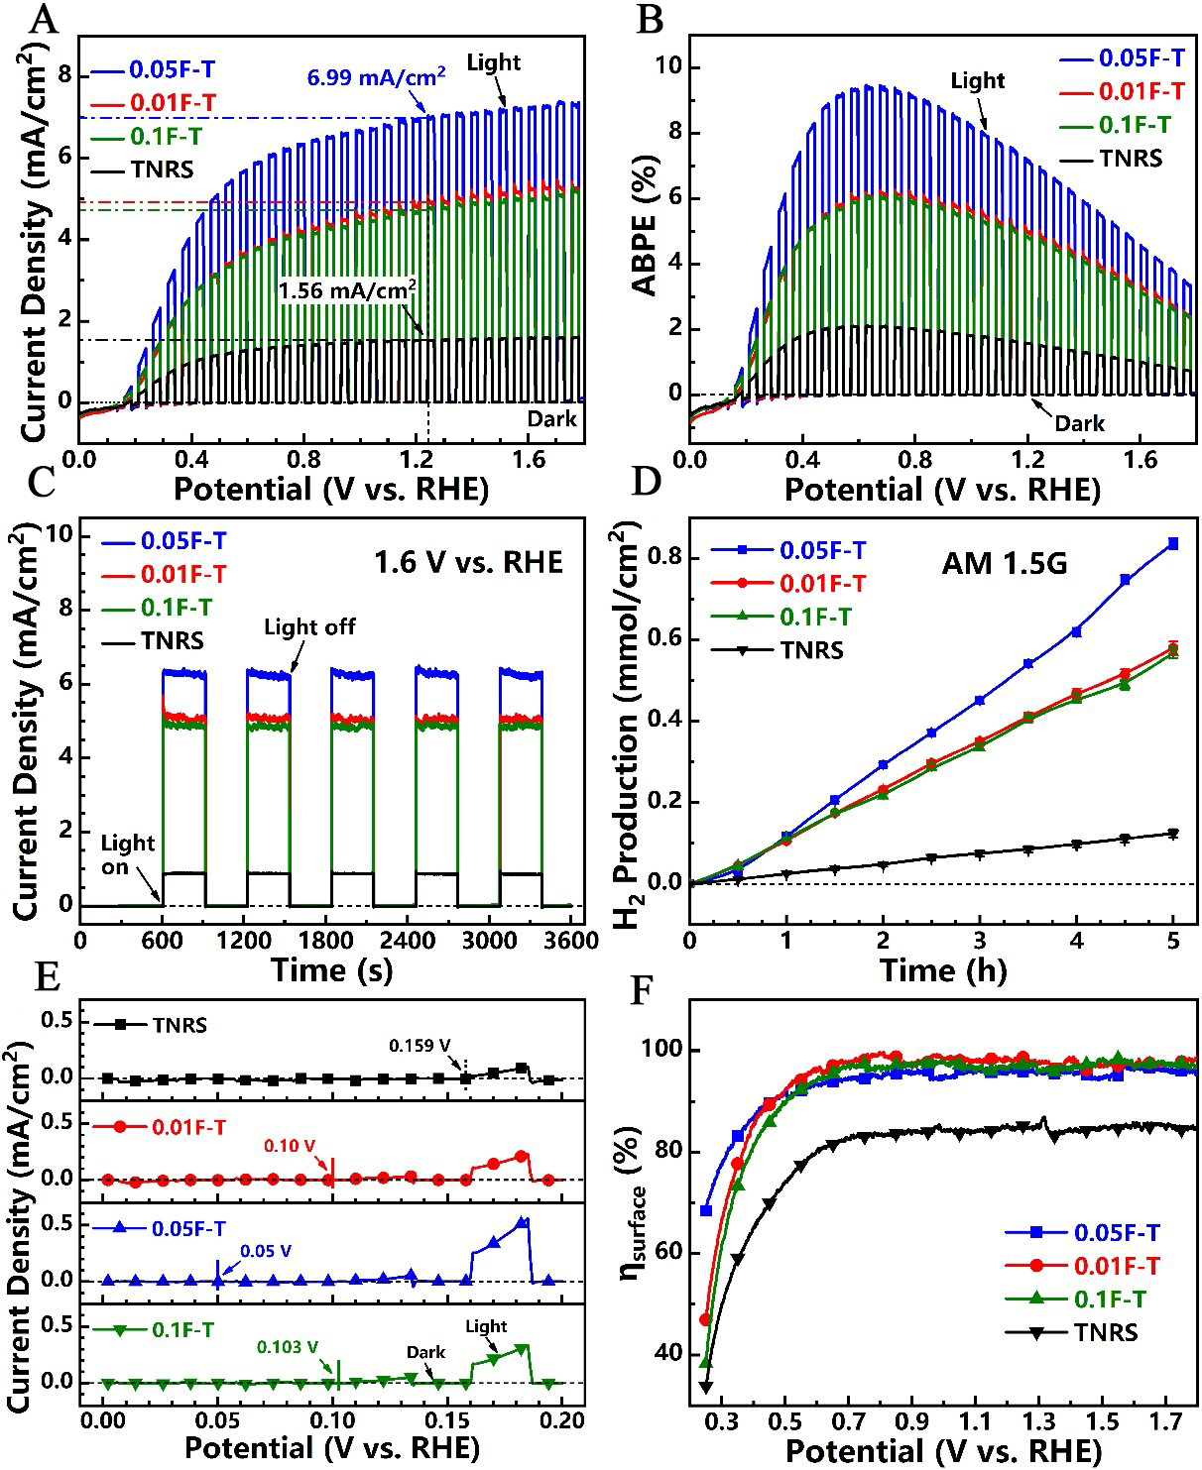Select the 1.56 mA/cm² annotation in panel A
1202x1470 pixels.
[x=346, y=291]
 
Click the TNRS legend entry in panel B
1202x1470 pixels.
[x=1131, y=159]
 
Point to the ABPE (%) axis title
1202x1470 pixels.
[x=645, y=224]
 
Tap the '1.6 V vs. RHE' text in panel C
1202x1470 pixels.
[x=468, y=563]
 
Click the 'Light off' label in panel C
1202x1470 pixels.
[x=308, y=626]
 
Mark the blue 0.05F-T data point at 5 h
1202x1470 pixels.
[x=1173, y=543]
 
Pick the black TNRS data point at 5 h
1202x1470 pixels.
[x=1173, y=834]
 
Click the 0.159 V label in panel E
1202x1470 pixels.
[x=420, y=1046]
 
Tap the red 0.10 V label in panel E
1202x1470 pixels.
[x=290, y=1146]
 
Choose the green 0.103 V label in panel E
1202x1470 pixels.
[x=288, y=1347]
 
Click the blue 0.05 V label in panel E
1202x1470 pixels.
[x=266, y=1251]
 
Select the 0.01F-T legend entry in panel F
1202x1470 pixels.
[x=1117, y=1266]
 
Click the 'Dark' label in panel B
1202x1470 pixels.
[x=1079, y=423]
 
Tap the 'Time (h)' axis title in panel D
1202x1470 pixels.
[x=942, y=970]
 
